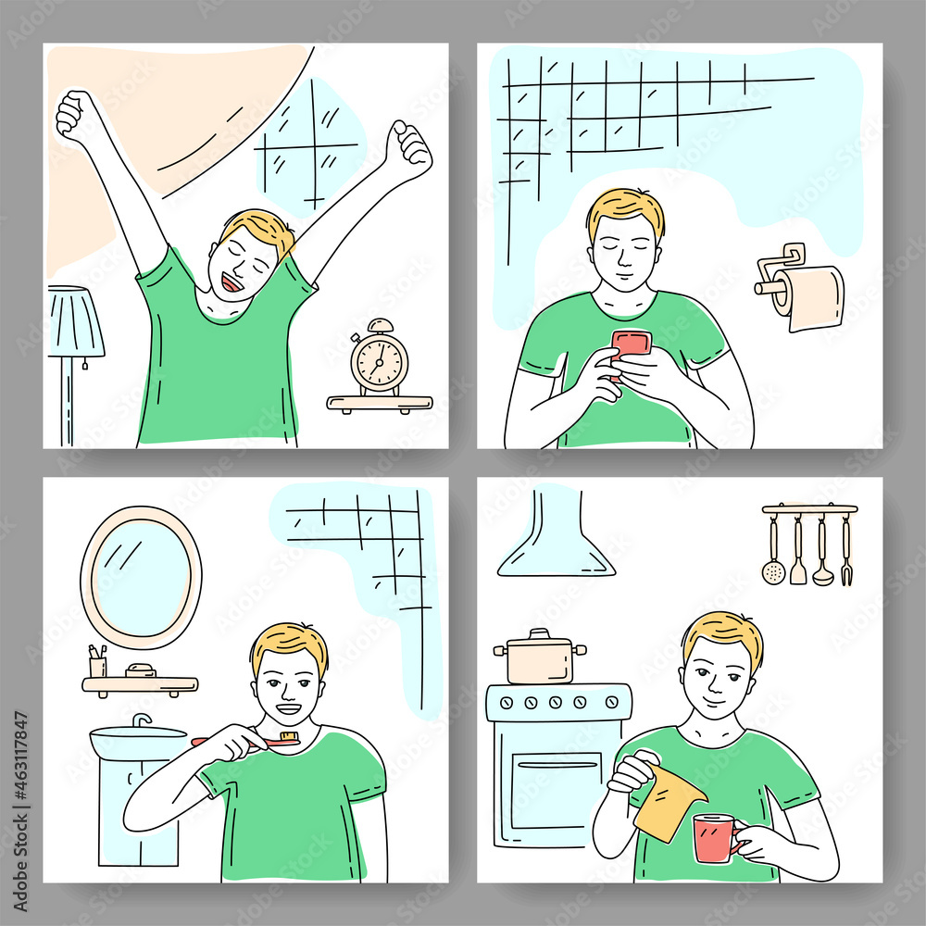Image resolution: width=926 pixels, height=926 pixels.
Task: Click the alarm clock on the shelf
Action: (x=380, y=359)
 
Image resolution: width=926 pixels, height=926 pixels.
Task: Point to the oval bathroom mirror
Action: (x=141, y=576)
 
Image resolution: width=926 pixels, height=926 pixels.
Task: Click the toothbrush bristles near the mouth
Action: (x=288, y=737)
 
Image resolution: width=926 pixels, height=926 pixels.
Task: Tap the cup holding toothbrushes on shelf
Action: (x=97, y=665)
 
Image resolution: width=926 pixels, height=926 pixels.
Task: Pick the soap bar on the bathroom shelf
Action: (x=141, y=670)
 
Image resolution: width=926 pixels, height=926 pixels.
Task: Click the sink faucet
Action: (x=141, y=720)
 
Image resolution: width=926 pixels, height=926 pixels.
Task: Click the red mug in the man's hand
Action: (x=714, y=836)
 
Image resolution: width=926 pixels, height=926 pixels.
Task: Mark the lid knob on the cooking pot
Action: (x=539, y=633)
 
